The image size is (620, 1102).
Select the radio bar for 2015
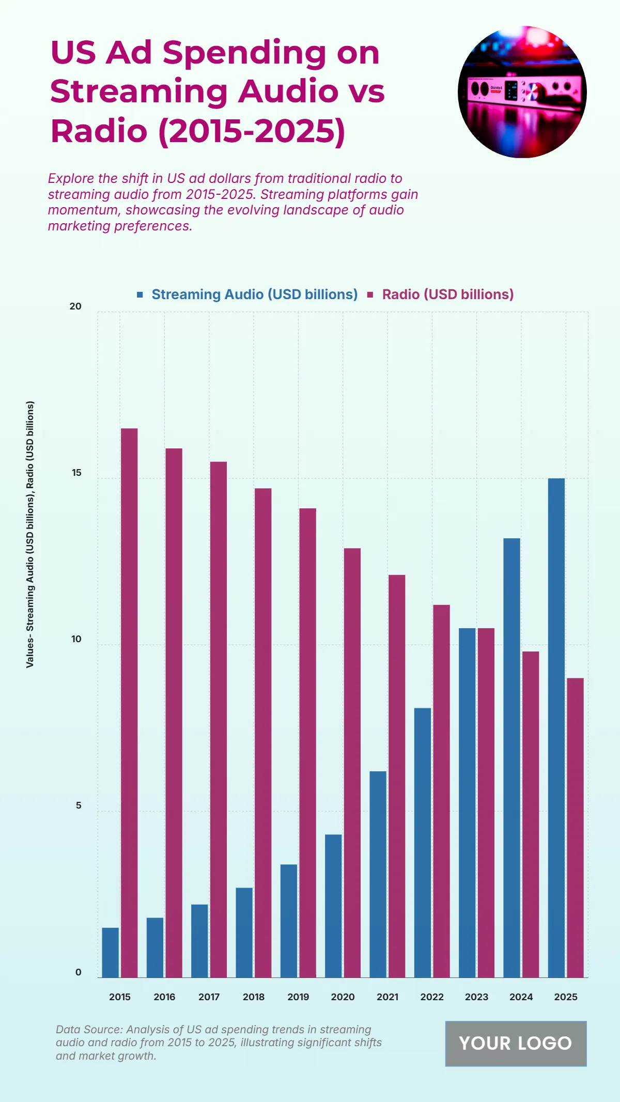129,703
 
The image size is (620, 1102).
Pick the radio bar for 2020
352,763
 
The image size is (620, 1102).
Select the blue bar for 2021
378,874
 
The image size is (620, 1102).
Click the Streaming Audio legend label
254,294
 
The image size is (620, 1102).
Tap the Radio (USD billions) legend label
447,294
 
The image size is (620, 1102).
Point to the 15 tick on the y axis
76,473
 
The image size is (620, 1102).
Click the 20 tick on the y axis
75,306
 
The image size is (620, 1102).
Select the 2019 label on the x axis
298,997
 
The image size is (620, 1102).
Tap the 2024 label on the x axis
521,997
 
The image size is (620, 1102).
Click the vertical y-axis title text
30,534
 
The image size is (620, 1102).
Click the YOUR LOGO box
516,1043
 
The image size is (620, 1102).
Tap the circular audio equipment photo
522,92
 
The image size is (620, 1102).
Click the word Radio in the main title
99,131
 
